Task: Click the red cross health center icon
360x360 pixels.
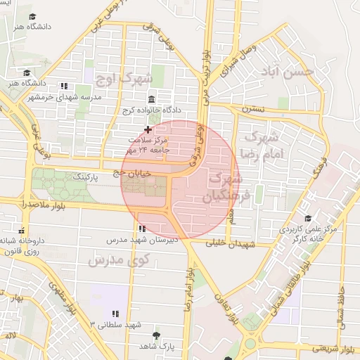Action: coord(148,129)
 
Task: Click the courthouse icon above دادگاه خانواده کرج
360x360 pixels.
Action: coord(153,99)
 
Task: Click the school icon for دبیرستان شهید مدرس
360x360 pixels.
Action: coord(143,229)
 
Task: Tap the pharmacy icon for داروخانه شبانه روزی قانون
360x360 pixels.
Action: coord(22,229)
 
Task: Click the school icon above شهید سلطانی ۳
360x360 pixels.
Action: coord(115,314)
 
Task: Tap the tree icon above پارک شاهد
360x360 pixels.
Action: coord(156,335)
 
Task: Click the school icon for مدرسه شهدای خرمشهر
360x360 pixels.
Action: coord(65,85)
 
